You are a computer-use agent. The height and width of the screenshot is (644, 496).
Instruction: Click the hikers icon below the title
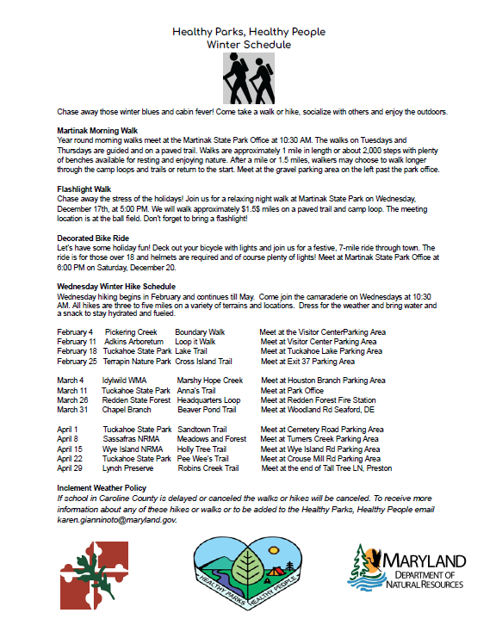[x=248, y=79]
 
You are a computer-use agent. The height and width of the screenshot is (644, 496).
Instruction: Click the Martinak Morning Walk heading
[x=97, y=130]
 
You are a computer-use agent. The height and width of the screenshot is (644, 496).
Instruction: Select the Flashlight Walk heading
[x=84, y=189]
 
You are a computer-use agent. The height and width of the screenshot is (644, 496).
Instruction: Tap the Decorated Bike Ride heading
[x=94, y=237]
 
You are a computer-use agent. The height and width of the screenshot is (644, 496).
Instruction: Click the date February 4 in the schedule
[x=75, y=331]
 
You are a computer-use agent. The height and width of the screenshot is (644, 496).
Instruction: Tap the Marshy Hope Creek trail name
[x=211, y=380]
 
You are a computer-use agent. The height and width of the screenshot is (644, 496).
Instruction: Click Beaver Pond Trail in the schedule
[x=207, y=410]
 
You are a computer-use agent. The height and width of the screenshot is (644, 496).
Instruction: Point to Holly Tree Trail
[x=202, y=449]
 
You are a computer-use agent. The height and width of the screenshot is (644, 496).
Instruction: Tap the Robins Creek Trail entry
[x=208, y=468]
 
